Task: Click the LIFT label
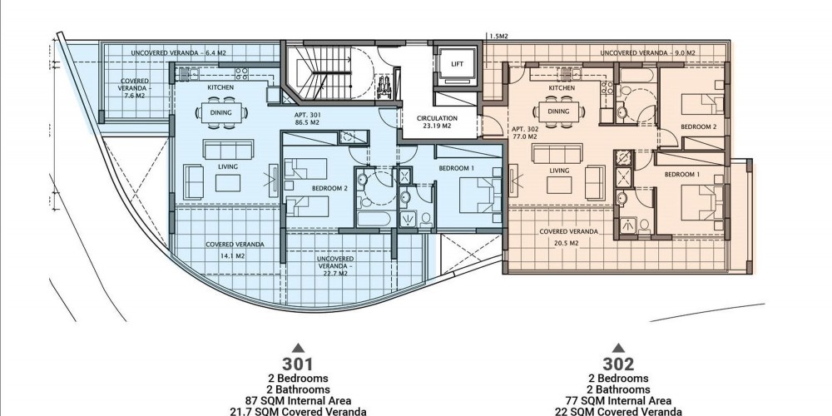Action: (x=457, y=64)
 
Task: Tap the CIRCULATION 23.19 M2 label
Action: (x=437, y=122)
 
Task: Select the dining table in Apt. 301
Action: (x=220, y=112)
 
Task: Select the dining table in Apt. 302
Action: (x=558, y=111)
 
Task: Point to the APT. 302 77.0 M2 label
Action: (x=525, y=132)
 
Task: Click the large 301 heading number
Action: (x=298, y=364)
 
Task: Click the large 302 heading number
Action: (x=618, y=364)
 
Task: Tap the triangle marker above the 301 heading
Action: (x=298, y=348)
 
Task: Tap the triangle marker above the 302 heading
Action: (x=618, y=348)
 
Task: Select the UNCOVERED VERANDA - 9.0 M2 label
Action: (x=648, y=53)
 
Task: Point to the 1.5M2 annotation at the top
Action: (x=498, y=37)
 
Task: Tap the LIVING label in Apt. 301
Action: (x=228, y=166)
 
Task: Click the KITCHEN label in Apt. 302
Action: (x=562, y=88)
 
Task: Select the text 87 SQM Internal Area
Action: (x=298, y=401)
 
